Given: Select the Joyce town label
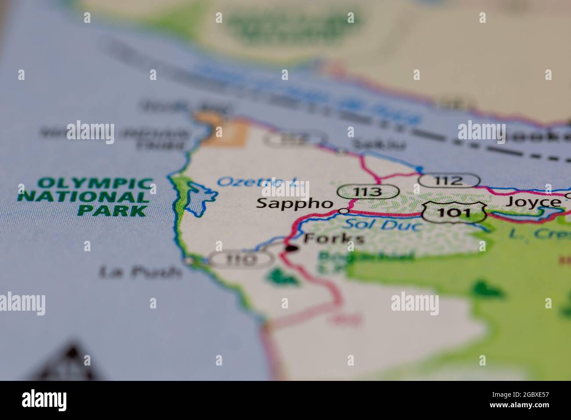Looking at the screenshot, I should [533, 202].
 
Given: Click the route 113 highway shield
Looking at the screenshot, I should [368, 192].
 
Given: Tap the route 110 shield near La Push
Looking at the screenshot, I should [241, 260].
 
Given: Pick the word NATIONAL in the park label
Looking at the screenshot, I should [83, 196].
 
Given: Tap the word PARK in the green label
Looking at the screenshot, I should [112, 210].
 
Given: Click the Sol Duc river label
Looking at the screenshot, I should [382, 225].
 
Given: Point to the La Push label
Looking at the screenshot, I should [141, 272].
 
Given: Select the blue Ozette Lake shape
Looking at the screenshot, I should [198, 198].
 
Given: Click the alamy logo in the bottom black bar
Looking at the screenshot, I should [44, 400].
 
